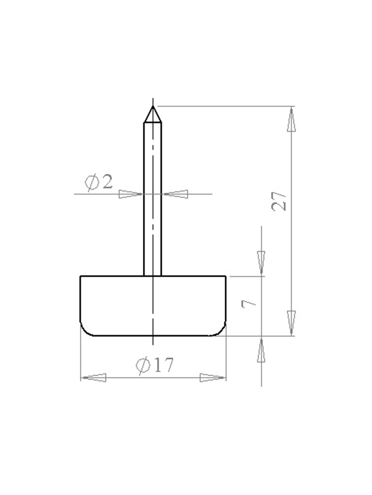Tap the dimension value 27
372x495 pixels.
(x=279, y=201)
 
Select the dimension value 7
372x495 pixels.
(x=248, y=304)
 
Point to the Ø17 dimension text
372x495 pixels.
(x=154, y=365)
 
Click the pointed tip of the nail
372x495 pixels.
(x=153, y=106)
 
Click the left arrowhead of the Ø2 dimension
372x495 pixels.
(x=130, y=194)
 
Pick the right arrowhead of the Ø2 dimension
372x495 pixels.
(x=176, y=194)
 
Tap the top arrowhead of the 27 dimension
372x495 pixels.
(x=291, y=120)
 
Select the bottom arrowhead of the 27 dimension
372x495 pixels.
(x=291, y=322)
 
